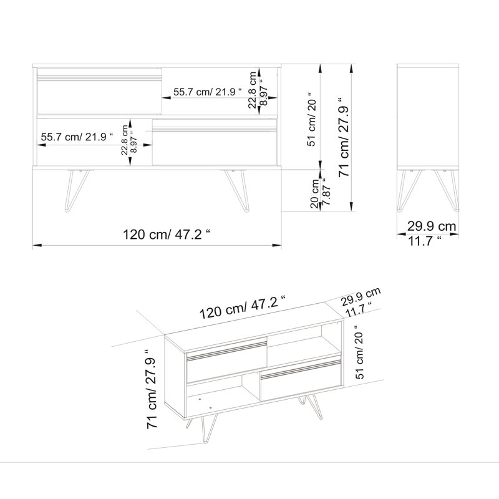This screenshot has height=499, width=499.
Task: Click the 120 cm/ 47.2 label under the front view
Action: coord(167,235)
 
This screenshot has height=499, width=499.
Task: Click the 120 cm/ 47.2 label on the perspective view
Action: coord(243,307)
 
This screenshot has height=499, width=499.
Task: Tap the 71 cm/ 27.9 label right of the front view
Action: coord(344,137)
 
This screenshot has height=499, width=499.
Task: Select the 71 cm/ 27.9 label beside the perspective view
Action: coord(152,389)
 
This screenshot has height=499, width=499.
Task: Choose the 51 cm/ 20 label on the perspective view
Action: coord(360,352)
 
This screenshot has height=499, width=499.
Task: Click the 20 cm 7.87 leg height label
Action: coord(321,193)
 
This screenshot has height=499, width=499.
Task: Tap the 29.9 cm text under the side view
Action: coord(432,226)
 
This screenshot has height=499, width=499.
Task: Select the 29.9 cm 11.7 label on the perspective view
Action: coord(361,302)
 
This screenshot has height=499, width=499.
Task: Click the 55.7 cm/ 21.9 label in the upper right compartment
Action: coord(208,92)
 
